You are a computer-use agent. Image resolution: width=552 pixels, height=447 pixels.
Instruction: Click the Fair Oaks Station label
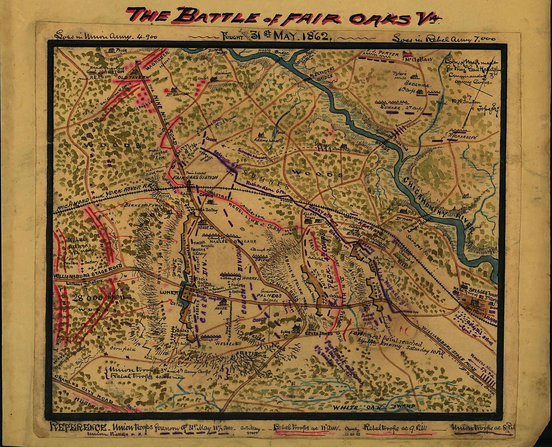coord(195,178)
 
